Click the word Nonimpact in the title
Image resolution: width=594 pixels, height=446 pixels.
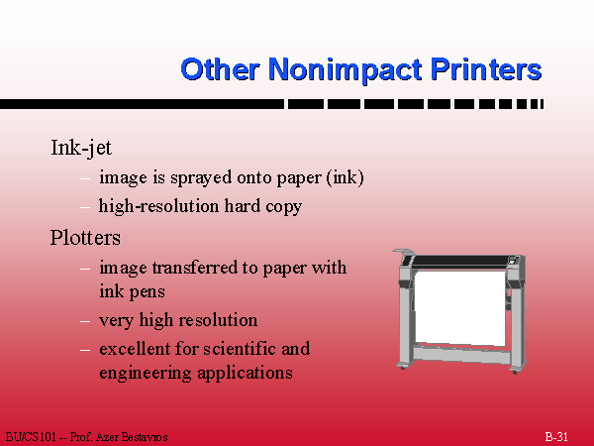[346, 69]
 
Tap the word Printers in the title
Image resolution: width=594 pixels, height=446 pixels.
[486, 68]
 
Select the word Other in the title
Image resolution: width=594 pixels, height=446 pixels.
[220, 68]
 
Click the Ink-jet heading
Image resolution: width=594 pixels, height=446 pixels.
[81, 148]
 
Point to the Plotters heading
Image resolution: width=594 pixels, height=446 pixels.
[85, 238]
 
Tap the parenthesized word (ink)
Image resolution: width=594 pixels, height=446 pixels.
[346, 177]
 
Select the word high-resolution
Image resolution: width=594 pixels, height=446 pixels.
[158, 207]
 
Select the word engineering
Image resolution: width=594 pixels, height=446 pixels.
[146, 374]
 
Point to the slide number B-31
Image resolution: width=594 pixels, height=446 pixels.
[556, 437]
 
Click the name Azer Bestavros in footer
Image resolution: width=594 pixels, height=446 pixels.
[132, 437]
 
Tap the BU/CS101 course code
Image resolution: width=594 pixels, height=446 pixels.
[31, 437]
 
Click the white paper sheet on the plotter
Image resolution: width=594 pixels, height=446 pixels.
[460, 307]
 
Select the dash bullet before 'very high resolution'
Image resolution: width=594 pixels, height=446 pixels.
[85, 321]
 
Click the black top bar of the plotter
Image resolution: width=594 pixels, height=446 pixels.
[459, 261]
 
